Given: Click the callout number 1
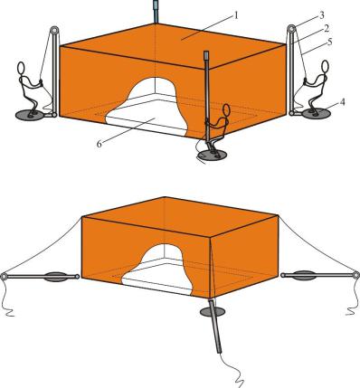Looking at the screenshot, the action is coord(236,15).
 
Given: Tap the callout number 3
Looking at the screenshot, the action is coord(322,14).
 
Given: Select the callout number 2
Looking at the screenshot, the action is coord(327,29).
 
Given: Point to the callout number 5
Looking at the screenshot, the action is coord(329,42).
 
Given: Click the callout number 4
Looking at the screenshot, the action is coord(342,102).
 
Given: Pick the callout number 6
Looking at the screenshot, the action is coord(99,144).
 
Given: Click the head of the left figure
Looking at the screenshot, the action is coord(21,68).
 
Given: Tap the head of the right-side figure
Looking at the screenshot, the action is coord(325,66).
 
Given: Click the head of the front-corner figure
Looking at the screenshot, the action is coord(226,110).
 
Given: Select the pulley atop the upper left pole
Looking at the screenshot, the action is coord(54,30).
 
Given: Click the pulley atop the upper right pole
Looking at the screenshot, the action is coord(291,29).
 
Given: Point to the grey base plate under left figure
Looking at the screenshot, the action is coord(30,115).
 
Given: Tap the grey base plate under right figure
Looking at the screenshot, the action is coord(317,114).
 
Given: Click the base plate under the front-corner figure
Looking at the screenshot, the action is coord(212,156).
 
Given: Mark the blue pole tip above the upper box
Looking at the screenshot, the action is coord(156,12).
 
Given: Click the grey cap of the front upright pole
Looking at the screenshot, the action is coord(206,55).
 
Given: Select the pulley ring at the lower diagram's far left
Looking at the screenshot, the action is coord(4,276).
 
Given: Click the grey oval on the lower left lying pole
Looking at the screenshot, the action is coord(54,276).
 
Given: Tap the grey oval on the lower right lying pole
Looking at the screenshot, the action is coord(305,275).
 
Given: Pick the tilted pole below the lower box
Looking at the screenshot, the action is coord(215,326).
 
